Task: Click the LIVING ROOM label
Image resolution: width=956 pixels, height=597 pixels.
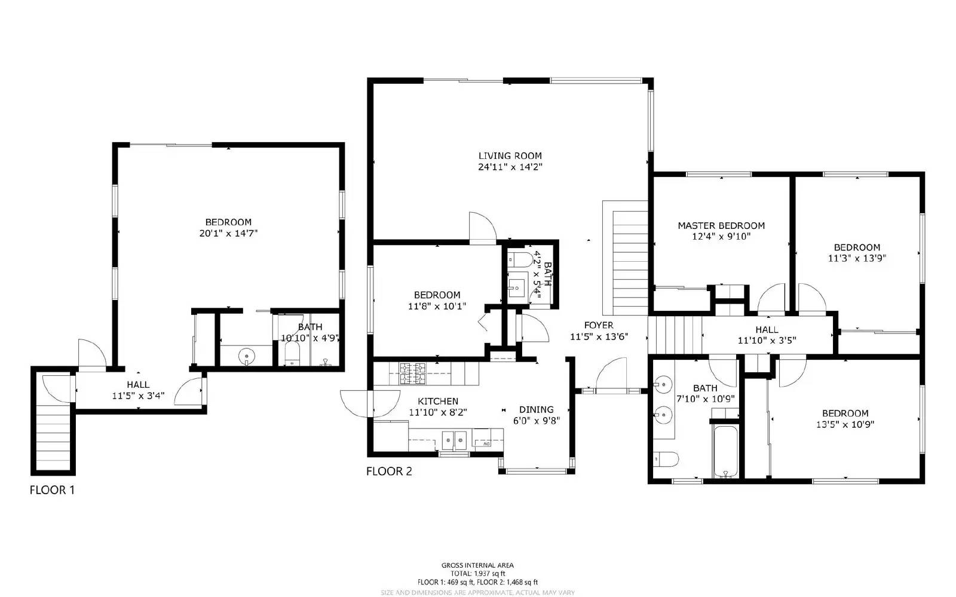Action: [x=510, y=156]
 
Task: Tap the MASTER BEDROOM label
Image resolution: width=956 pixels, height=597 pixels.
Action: [x=721, y=225]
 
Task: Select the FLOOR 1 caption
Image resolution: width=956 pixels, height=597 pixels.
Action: [x=52, y=491]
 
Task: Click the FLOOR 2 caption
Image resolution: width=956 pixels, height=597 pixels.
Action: [x=389, y=472]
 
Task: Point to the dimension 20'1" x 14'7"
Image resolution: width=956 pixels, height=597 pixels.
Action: [x=228, y=234]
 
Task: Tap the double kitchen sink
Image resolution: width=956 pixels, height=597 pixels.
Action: [x=454, y=441]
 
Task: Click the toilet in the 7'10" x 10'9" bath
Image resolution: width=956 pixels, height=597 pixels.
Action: [x=666, y=459]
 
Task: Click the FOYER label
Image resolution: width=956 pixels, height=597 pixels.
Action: [x=598, y=325]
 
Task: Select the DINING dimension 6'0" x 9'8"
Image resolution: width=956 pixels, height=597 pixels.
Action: [x=536, y=421]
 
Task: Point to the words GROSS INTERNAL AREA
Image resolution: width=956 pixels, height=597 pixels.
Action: [x=477, y=565]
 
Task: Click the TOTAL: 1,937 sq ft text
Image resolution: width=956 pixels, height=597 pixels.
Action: [x=477, y=573]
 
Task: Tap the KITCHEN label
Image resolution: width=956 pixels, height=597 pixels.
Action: [x=437, y=401]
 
